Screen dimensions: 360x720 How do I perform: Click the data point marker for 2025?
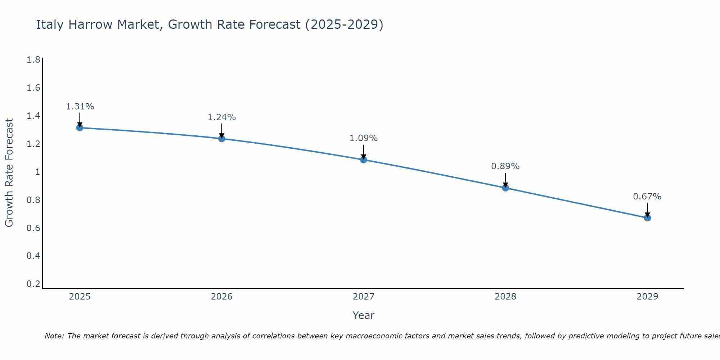pyautogui.click(x=80, y=128)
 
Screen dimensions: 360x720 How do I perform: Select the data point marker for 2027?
pyautogui.click(x=364, y=159)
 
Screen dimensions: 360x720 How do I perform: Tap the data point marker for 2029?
pyautogui.click(x=647, y=218)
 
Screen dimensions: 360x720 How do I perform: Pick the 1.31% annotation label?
pyautogui.click(x=80, y=107)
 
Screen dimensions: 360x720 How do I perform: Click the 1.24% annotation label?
pyautogui.click(x=222, y=117)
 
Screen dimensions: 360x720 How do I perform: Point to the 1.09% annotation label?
pyautogui.click(x=364, y=138)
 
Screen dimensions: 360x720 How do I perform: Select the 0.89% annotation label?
pyautogui.click(x=505, y=166)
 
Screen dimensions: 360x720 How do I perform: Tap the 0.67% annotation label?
pyautogui.click(x=647, y=197)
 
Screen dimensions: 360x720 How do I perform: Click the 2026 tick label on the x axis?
pyautogui.click(x=222, y=297)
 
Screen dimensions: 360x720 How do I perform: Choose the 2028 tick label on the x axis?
pyautogui.click(x=505, y=297)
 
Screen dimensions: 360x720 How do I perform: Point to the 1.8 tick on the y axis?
pyautogui.click(x=33, y=60)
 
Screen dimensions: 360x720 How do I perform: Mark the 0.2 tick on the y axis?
pyautogui.click(x=33, y=284)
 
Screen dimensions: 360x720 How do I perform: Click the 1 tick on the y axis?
pyautogui.click(x=37, y=172)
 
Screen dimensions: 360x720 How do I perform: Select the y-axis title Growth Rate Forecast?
pyautogui.click(x=9, y=173)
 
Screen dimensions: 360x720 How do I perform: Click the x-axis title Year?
pyautogui.click(x=364, y=315)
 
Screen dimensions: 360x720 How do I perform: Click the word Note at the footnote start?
pyautogui.click(x=54, y=336)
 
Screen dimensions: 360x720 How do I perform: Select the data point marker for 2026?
pyautogui.click(x=222, y=139)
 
